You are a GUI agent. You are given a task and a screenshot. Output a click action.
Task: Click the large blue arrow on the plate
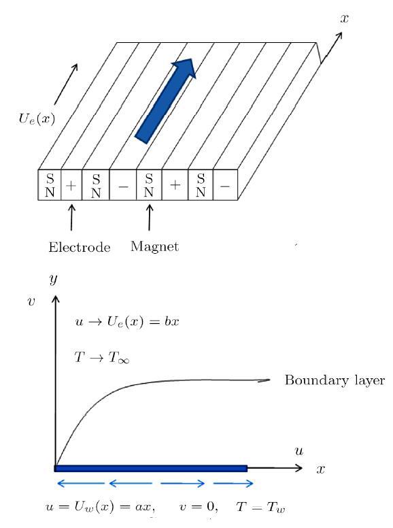pyautogui.click(x=165, y=101)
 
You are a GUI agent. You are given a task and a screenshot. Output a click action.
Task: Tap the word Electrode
pyautogui.click(x=80, y=247)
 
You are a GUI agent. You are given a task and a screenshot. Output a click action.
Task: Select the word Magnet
pyautogui.click(x=154, y=247)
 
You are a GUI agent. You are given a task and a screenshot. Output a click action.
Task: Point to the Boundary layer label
pyautogui.click(x=335, y=380)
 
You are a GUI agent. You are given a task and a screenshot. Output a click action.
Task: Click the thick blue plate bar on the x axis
pyautogui.click(x=151, y=468)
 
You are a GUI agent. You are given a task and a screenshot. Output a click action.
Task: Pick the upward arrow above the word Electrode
pyautogui.click(x=71, y=218)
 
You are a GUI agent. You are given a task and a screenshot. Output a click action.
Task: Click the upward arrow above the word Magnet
pyautogui.click(x=150, y=218)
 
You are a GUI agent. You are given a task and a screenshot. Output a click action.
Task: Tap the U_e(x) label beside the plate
pyautogui.click(x=37, y=119)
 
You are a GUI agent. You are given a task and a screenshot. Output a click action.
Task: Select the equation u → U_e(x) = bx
pyautogui.click(x=127, y=322)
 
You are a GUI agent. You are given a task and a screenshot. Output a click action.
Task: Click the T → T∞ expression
pyautogui.click(x=101, y=357)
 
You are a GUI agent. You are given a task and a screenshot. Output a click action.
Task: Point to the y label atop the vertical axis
pyautogui.click(x=53, y=279)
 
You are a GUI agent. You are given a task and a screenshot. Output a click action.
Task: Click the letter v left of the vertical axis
pyautogui.click(x=31, y=301)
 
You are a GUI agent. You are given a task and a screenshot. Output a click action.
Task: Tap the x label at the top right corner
pyautogui.click(x=344, y=18)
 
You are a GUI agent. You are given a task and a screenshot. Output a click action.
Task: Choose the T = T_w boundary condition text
pyautogui.click(x=261, y=507)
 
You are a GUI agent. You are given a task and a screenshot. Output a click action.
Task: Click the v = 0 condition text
pyautogui.click(x=199, y=506)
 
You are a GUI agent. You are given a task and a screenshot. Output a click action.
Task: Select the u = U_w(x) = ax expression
pyautogui.click(x=100, y=507)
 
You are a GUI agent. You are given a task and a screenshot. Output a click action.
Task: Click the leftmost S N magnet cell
pyautogui.click(x=50, y=185)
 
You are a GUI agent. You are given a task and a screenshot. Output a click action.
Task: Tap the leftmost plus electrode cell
pyautogui.click(x=71, y=185)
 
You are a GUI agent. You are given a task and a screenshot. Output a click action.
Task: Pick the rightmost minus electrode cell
pyautogui.click(x=225, y=185)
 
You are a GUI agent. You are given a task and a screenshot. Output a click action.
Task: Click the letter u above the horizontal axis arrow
pyautogui.click(x=298, y=451)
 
